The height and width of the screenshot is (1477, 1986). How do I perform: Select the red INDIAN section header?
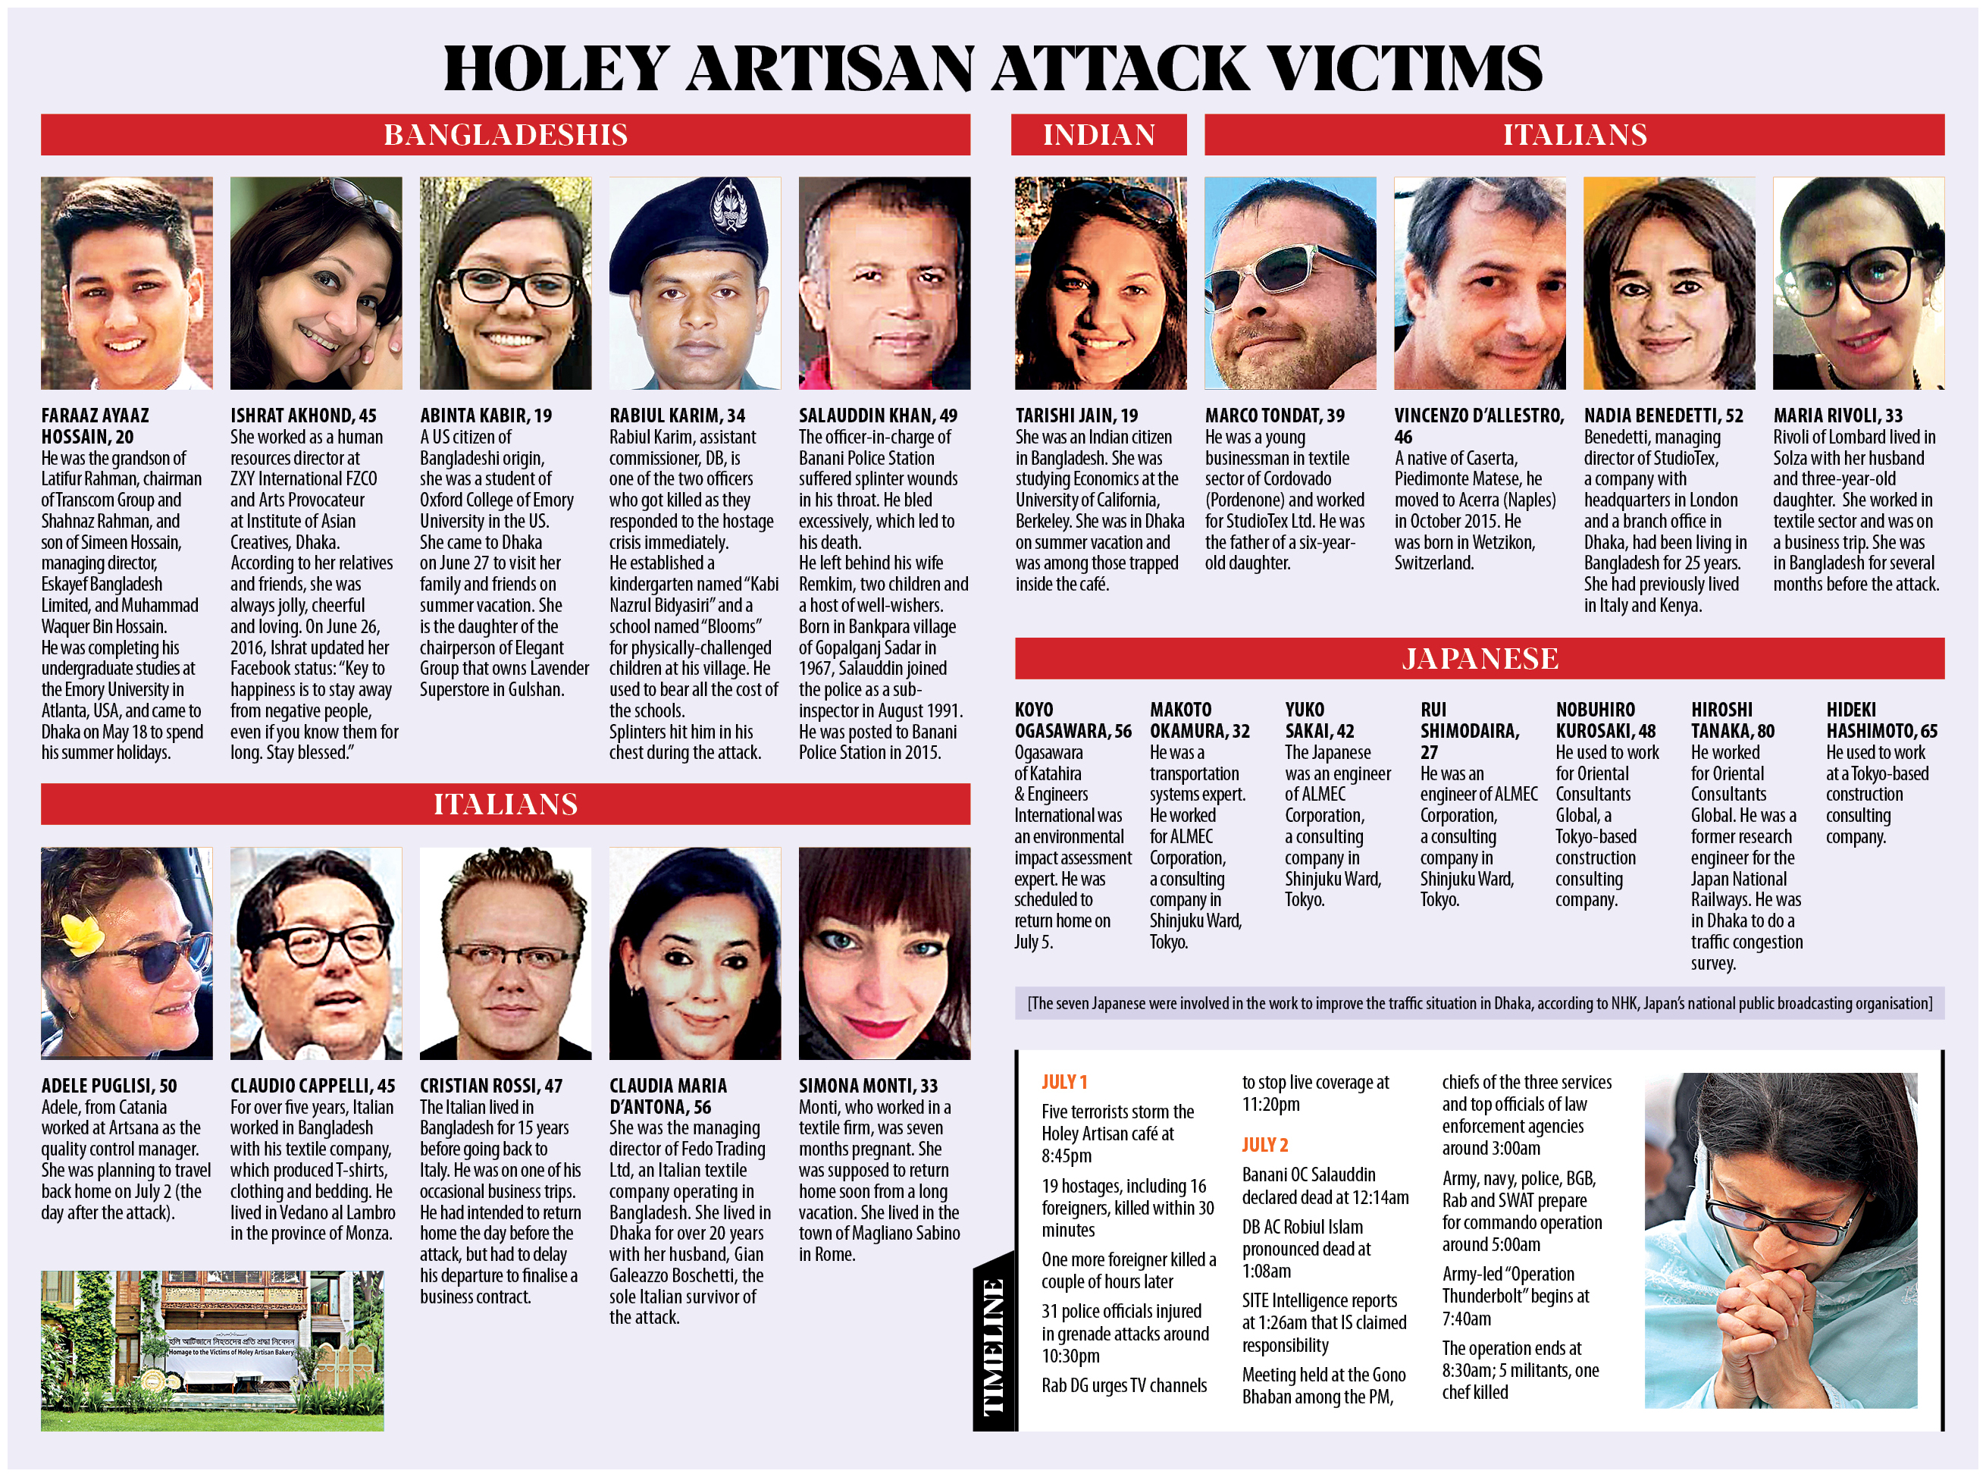tap(1098, 135)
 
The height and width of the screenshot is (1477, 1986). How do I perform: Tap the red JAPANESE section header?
tap(1479, 659)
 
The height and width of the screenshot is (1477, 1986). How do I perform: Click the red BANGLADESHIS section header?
tap(505, 135)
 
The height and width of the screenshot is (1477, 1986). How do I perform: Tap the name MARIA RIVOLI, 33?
tap(1837, 416)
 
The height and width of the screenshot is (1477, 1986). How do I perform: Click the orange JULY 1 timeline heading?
tap(1063, 1082)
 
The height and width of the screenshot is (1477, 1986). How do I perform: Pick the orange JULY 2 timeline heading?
tap(1264, 1146)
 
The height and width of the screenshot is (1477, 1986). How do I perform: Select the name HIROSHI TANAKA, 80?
tap(1732, 720)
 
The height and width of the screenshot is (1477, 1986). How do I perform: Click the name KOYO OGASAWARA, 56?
tap(1072, 720)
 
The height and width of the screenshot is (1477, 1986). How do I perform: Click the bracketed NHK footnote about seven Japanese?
tap(1479, 1003)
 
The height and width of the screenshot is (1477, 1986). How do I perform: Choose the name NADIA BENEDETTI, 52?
tap(1663, 416)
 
